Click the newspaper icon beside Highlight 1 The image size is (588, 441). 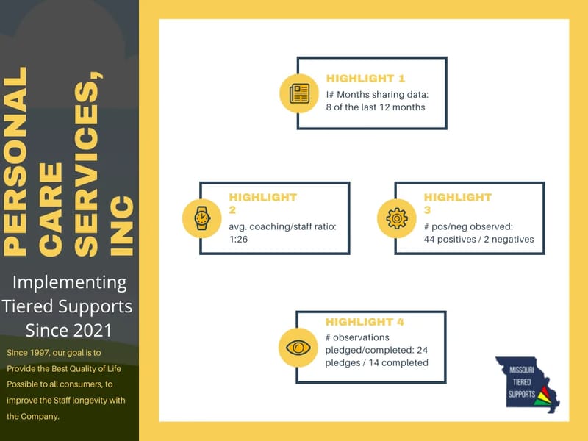tap(299, 93)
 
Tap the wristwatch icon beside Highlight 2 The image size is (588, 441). tap(201, 218)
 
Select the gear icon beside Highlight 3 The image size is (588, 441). tap(396, 218)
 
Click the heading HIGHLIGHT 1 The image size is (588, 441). tap(365, 78)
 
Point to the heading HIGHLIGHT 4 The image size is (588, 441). tap(365, 322)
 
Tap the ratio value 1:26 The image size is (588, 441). tap(240, 239)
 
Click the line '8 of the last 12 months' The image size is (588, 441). tap(376, 107)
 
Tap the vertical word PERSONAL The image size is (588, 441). tap(17, 162)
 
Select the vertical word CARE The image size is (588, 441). tap(51, 209)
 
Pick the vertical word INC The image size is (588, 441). tap(122, 226)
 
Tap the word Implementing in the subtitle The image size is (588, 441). tap(71, 282)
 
